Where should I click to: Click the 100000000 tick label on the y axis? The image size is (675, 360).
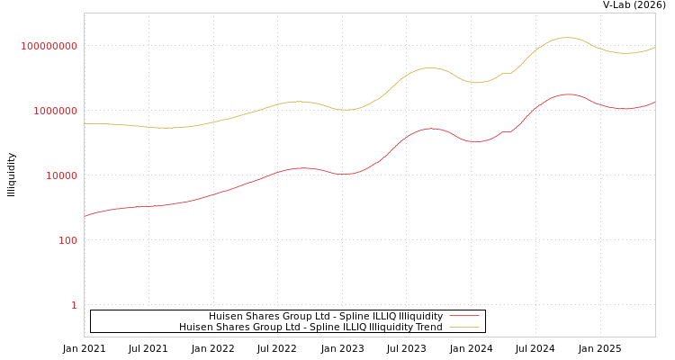49,46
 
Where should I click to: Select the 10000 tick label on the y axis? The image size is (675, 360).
62,175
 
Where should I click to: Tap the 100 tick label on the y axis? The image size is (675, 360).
68,240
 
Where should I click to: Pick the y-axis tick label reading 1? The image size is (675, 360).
74,305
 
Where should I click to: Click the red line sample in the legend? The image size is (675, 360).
464,316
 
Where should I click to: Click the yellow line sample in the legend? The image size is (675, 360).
464,327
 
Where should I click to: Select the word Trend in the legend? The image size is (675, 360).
428,327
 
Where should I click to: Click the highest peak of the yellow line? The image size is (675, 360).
567,37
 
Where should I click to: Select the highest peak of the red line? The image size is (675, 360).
568,94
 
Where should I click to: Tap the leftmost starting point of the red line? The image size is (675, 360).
85,216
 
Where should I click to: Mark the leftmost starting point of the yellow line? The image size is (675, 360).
85,123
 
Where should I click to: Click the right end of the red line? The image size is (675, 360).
654,102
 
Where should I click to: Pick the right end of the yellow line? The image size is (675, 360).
654,47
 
